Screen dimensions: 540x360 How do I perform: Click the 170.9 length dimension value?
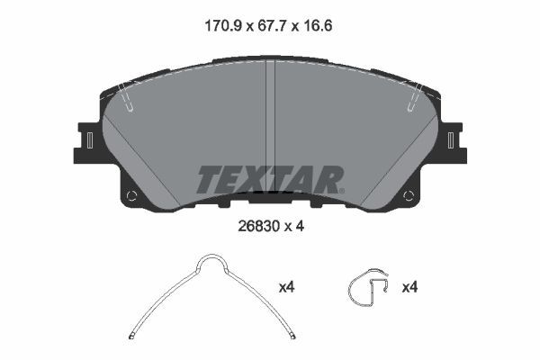coord(223,26)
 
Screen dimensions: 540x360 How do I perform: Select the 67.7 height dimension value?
coord(272,26)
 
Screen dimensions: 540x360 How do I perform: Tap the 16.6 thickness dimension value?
coord(318,26)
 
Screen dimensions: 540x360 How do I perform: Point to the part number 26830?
coord(258,226)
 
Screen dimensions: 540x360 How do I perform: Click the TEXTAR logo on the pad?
coord(270,179)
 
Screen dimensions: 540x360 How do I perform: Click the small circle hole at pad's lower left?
coord(131,196)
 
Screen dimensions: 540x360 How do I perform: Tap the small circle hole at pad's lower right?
coord(409,196)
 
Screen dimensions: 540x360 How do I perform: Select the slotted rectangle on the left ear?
coord(90,140)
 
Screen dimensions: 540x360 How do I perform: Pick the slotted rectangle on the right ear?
coord(451,140)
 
